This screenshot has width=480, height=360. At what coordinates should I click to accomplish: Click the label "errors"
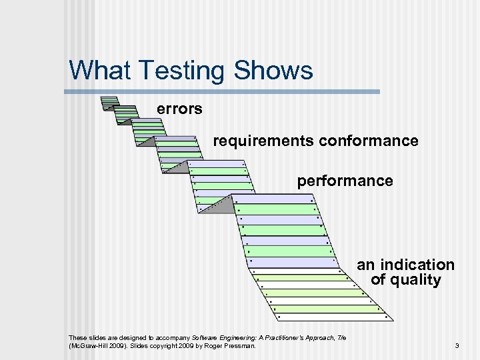[179, 108]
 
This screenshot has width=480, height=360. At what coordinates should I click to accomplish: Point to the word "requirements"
[263, 141]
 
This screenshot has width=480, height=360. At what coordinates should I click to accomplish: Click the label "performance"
[345, 181]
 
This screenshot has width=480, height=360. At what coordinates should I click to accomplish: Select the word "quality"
[415, 280]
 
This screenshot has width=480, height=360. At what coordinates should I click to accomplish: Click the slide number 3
[457, 346]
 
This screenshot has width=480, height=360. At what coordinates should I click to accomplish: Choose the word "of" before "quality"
[378, 280]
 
